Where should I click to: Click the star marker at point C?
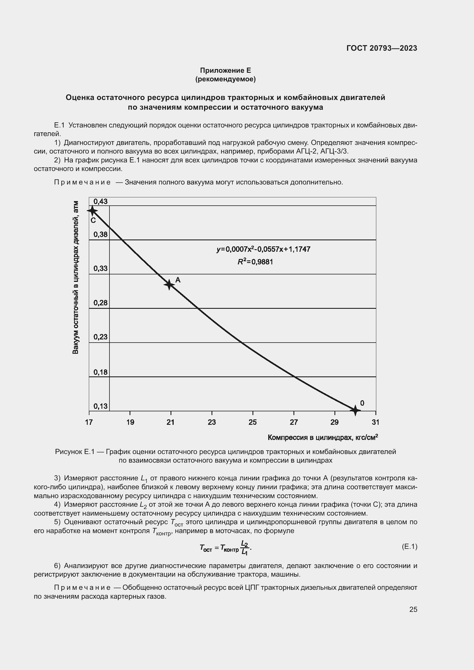[92, 211]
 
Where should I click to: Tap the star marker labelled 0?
[355, 410]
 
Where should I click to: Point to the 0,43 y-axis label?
[100, 202]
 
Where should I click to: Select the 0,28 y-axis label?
[100, 303]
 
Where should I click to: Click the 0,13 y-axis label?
[100, 406]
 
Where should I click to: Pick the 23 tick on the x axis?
[211, 422]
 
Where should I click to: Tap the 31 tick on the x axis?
[375, 422]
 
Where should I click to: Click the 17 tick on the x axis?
[89, 422]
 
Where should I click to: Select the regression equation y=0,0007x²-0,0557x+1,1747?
[263, 249]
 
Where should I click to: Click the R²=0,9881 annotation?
[255, 262]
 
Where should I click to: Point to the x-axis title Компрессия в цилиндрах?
[323, 437]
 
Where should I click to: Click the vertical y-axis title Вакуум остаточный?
[75, 277]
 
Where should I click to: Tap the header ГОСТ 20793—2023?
[381, 48]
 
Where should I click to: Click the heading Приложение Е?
[225, 70]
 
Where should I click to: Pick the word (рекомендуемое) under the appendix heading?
[225, 79]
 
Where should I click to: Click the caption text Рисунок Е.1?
[75, 452]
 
